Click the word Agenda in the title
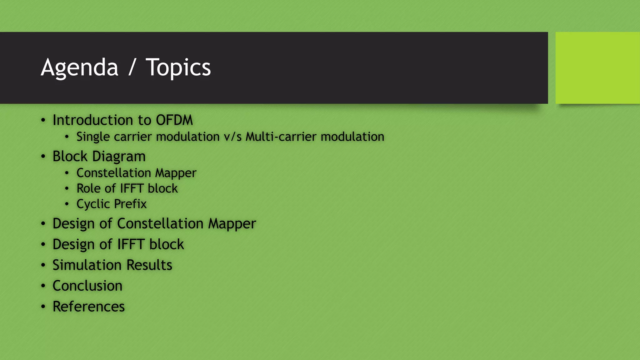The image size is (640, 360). tap(79, 67)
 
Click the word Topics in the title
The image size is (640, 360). tap(178, 67)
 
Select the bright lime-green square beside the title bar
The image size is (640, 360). tap(597, 68)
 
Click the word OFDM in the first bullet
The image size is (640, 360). tap(174, 120)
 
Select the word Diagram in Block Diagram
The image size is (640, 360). tap(119, 157)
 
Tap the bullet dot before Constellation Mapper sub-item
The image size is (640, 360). tap(67, 173)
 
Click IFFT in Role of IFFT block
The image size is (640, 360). tap(132, 188)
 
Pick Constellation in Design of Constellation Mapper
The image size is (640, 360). tap(160, 224)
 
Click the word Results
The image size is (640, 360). tap(149, 265)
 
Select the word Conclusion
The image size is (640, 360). tap(87, 286)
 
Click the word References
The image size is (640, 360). tap(89, 307)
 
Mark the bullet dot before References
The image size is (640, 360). tap(43, 307)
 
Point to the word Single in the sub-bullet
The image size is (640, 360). tap(93, 137)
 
